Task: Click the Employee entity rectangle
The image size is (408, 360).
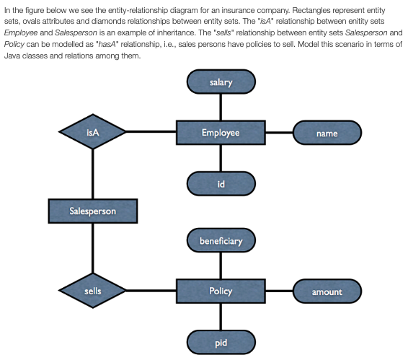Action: [x=221, y=133]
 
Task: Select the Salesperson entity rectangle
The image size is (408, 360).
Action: [x=92, y=211]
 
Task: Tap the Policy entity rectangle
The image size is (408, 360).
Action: [x=221, y=291]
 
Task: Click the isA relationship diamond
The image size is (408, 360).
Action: [x=92, y=133]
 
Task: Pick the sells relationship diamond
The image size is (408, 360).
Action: [x=92, y=291]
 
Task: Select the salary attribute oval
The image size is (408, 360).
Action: [x=221, y=82]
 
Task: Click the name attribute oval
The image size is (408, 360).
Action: [x=327, y=133]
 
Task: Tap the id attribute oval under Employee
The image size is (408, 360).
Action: [x=221, y=184]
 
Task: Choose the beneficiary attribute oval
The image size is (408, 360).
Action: [x=221, y=240]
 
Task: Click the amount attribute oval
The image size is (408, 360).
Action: [x=327, y=291]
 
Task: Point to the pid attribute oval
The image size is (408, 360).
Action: [x=221, y=341]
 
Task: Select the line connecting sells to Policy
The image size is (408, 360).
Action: [x=151, y=291]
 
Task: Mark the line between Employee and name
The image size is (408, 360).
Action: [x=279, y=133]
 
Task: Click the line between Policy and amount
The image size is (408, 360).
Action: [x=279, y=291]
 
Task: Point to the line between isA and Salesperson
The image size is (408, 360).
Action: [x=92, y=173]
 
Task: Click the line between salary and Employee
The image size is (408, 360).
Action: [x=221, y=107]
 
